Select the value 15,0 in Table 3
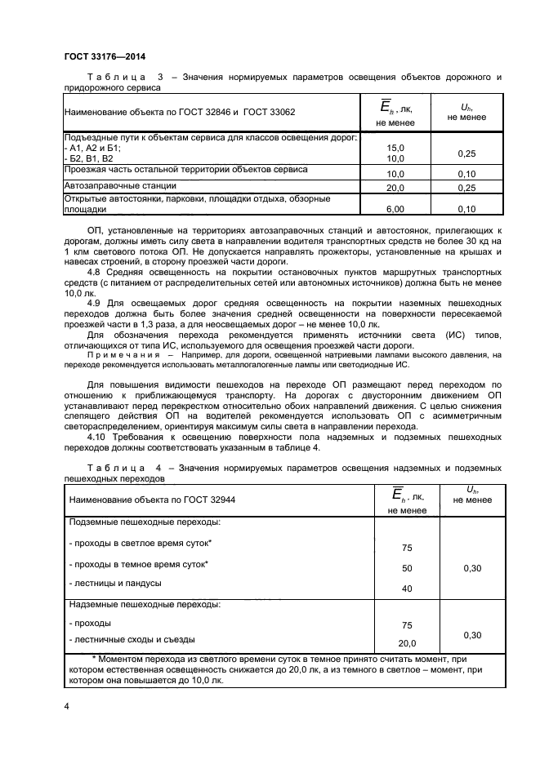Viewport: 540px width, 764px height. coord(395,148)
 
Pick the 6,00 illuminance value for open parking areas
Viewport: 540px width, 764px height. coord(395,209)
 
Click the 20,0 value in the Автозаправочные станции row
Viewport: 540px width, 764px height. coord(395,188)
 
